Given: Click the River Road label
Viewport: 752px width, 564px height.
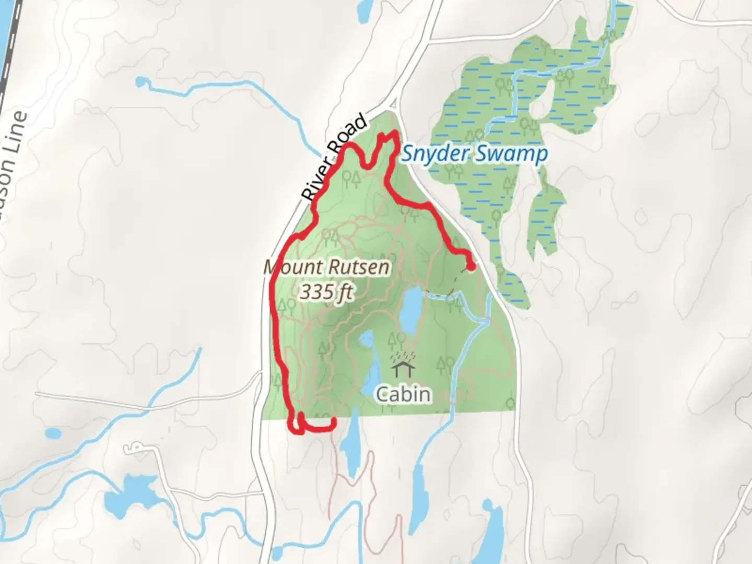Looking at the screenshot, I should pyautogui.click(x=335, y=159).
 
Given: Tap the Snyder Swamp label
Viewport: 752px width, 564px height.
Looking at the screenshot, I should pyautogui.click(x=474, y=154).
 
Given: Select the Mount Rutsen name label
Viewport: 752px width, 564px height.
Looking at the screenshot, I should pyautogui.click(x=327, y=267).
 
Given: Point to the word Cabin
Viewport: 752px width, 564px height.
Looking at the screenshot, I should pyautogui.click(x=404, y=394).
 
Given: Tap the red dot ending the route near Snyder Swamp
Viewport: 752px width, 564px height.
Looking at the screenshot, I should pyautogui.click(x=471, y=267).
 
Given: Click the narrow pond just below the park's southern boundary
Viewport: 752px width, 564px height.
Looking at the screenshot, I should pyautogui.click(x=350, y=444).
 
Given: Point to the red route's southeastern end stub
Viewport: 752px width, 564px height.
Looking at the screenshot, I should pyautogui.click(x=333, y=423).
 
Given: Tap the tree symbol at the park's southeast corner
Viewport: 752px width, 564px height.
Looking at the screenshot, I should pyautogui.click(x=510, y=404).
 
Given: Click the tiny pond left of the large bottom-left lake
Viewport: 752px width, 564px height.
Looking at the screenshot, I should pyautogui.click(x=53, y=433).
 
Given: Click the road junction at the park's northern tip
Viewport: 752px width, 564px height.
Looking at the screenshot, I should pyautogui.click(x=395, y=105).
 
